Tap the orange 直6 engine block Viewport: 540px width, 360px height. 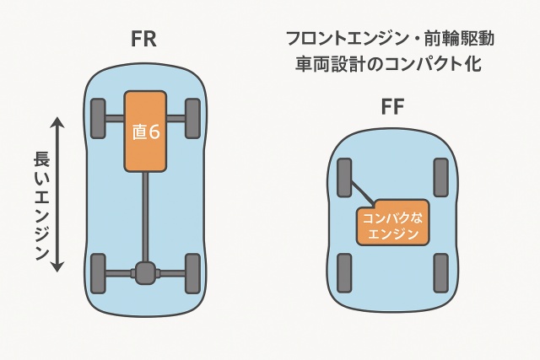tap(146, 131)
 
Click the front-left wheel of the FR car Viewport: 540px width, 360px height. tap(99, 118)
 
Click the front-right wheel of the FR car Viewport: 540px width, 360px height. tap(192, 118)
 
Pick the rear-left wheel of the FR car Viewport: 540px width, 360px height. tap(99, 272)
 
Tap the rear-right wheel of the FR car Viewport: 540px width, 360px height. tap(192, 272)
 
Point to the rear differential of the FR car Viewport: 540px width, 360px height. tap(146, 271)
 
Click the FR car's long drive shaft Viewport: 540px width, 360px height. tap(146, 215)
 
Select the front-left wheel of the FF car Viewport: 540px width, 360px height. tap(344, 178)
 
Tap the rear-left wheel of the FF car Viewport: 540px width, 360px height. tap(344, 272)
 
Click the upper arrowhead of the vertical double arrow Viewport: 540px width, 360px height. tap(58, 123)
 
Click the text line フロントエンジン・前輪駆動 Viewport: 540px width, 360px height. tap(389, 39)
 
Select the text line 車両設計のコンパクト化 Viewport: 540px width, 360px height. tap(389, 64)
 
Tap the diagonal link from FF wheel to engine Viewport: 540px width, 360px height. tap(362, 193)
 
